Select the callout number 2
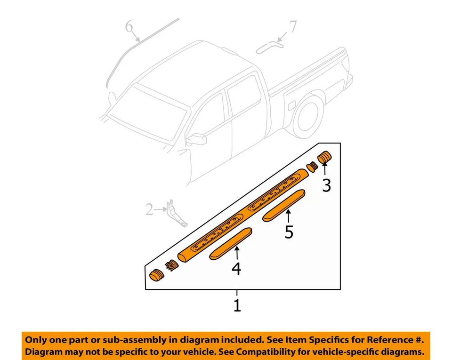coord(150,209)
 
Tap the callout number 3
coord(326,185)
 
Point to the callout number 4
coord(236,269)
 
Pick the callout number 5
coord(289,232)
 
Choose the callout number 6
coord(129,27)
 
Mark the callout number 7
coord(293,27)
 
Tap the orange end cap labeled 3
coord(325,158)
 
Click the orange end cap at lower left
coord(156,275)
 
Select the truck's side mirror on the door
coord(196,139)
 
